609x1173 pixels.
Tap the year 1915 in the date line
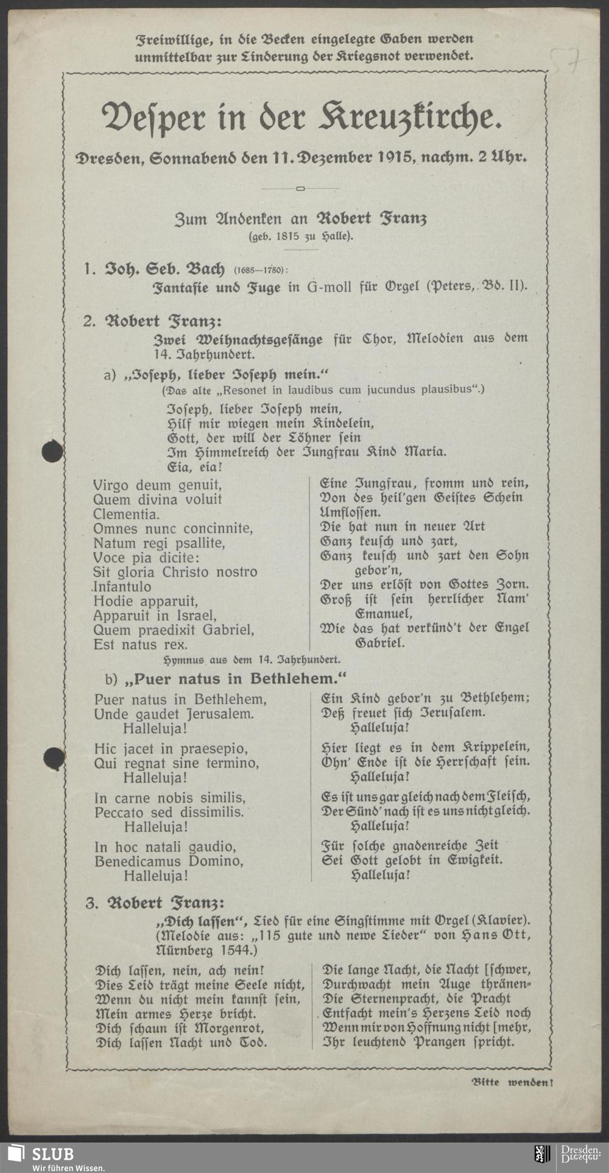pyautogui.click(x=396, y=157)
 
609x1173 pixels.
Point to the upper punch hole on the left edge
pyautogui.click(x=52, y=452)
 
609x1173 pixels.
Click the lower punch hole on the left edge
pyautogui.click(x=54, y=758)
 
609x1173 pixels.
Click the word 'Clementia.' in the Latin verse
pyautogui.click(x=126, y=514)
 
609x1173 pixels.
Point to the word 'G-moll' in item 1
pyautogui.click(x=329, y=286)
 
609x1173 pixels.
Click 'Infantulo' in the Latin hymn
pyautogui.click(x=122, y=586)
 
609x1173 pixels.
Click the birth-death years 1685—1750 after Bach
pyautogui.click(x=260, y=269)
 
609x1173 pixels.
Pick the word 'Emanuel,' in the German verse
pyautogui.click(x=384, y=613)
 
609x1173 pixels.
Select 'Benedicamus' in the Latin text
pyautogui.click(x=137, y=861)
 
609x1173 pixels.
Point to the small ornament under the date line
pyautogui.click(x=300, y=188)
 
